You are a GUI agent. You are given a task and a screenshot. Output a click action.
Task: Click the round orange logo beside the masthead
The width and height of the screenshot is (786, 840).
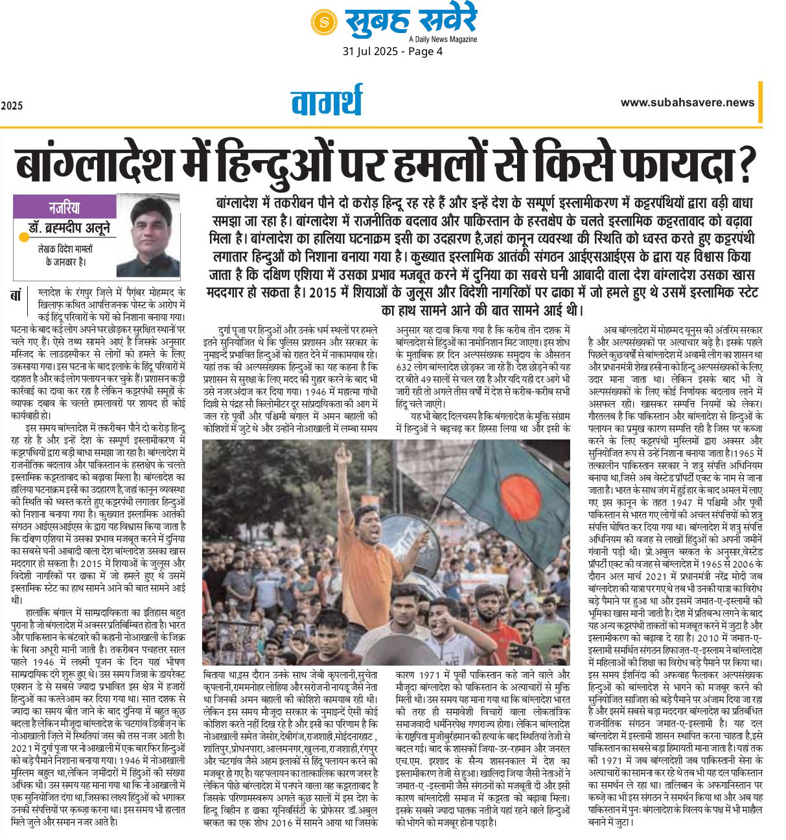pyautogui.click(x=323, y=21)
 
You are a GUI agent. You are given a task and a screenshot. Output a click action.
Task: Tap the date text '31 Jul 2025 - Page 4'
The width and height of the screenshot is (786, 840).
pyautogui.click(x=393, y=51)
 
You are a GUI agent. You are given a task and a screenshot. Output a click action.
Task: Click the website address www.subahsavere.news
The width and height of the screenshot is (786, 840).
pyautogui.click(x=687, y=102)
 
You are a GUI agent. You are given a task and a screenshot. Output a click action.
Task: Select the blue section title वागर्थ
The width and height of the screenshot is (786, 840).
pyautogui.click(x=326, y=102)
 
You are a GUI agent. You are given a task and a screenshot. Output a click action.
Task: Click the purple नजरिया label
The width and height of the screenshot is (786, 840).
pyautogui.click(x=64, y=207)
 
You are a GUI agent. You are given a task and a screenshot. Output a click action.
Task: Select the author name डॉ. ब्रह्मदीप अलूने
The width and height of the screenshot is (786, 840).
pyautogui.click(x=69, y=228)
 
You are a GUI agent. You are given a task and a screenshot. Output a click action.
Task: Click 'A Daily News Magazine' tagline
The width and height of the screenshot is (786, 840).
pyautogui.click(x=443, y=39)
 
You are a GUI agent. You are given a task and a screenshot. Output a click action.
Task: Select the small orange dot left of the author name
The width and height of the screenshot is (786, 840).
pyautogui.click(x=25, y=237)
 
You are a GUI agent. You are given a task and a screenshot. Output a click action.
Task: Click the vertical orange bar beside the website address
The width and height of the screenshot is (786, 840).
pyautogui.click(x=760, y=102)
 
